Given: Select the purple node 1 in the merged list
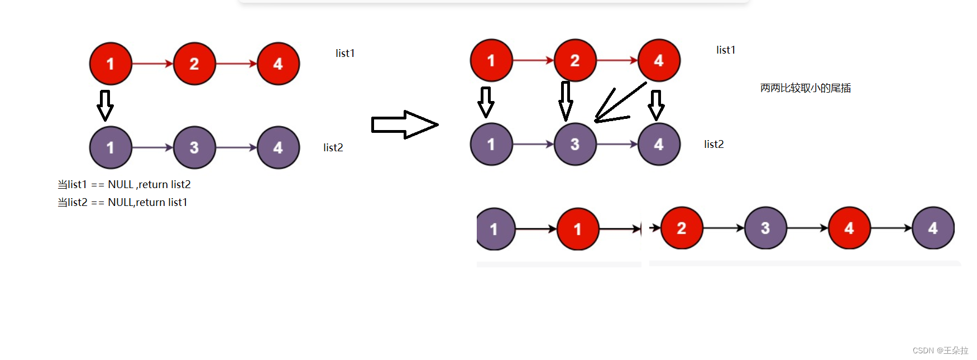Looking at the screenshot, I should [x=495, y=229].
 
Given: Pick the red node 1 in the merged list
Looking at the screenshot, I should [x=578, y=229].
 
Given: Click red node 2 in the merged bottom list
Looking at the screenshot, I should [x=681, y=228].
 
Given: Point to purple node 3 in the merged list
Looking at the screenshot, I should [x=765, y=228].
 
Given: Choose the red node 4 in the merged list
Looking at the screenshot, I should [x=849, y=228].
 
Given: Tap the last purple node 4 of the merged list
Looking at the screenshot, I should [x=932, y=228].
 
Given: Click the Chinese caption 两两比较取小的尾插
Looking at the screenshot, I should [x=805, y=88].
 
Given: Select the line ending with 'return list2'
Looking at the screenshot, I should [x=124, y=184].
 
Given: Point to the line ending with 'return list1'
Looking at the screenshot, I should [x=122, y=202].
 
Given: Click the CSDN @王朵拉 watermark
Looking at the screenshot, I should [x=940, y=351].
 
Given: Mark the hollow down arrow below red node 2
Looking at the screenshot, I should [x=566, y=101].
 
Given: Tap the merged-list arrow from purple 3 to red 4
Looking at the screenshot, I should [x=807, y=228].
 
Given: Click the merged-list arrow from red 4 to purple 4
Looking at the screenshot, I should [x=891, y=228].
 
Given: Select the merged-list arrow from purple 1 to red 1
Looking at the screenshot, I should [x=536, y=229].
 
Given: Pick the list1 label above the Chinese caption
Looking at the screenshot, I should [x=726, y=50].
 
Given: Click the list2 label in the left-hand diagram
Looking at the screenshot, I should [x=333, y=147].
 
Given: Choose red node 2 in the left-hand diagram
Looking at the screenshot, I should [x=194, y=64].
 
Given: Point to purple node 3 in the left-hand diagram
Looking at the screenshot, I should [x=194, y=147].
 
